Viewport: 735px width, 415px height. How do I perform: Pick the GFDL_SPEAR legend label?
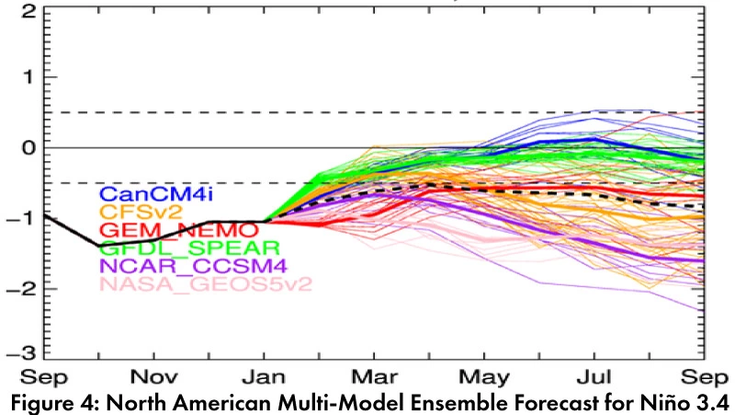(166, 248)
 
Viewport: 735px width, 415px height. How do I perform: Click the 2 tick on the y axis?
(29, 13)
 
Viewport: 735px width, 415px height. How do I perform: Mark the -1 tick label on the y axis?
(24, 218)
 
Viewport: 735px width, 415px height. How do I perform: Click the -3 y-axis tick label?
(24, 353)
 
